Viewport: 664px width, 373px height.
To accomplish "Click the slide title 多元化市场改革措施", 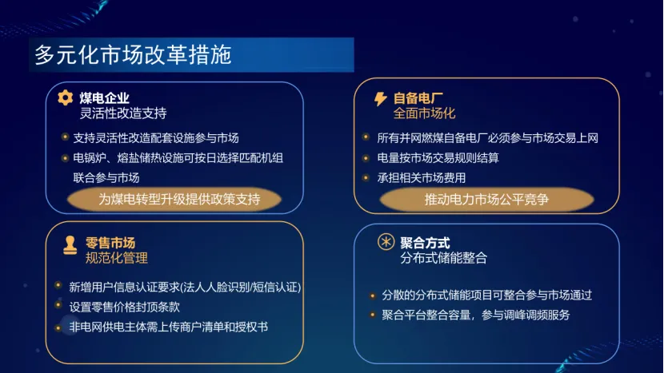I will click(x=133, y=55).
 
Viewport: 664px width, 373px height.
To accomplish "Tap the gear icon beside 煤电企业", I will click(x=66, y=97).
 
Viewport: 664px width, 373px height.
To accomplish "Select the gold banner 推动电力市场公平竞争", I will click(x=486, y=200).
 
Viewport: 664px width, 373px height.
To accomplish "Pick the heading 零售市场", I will click(x=110, y=243).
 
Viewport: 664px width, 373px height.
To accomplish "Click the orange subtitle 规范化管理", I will click(x=117, y=258).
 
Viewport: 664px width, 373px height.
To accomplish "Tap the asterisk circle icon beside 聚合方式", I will click(x=386, y=243).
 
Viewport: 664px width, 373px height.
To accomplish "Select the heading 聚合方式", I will click(x=425, y=243).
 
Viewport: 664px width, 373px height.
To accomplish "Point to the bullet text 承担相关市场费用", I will click(x=422, y=177).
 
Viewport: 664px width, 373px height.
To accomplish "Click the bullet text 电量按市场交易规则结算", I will click(x=438, y=157).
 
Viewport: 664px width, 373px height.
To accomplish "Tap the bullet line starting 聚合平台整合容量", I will click(x=476, y=315).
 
